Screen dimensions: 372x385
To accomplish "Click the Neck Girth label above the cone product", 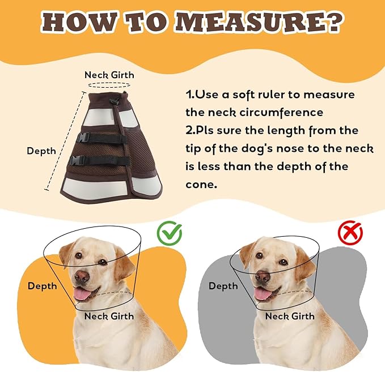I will click(x=109, y=75).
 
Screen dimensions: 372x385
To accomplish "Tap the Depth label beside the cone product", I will click(x=41, y=151).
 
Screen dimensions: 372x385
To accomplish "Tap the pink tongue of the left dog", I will click(x=82, y=294).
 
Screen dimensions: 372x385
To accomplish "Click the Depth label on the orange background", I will click(x=42, y=286).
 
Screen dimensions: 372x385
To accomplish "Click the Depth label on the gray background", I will click(x=223, y=286).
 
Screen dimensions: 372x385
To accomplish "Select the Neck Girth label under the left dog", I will click(x=109, y=316).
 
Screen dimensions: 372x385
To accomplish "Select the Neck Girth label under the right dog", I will click(x=290, y=316).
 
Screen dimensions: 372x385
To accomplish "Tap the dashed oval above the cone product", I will click(x=109, y=85).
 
